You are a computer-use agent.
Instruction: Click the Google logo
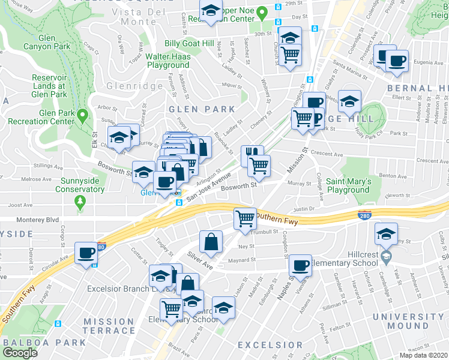20,352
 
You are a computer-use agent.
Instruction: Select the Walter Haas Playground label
167,61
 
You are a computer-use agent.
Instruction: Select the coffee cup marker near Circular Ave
86,252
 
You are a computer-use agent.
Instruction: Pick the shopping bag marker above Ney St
211,241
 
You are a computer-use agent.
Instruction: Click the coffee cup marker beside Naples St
300,264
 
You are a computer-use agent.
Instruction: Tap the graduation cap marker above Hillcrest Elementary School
385,233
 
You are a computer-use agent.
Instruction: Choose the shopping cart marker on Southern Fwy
245,218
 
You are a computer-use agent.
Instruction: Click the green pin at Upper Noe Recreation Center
261,11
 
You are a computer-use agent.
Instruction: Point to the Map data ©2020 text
423,355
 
